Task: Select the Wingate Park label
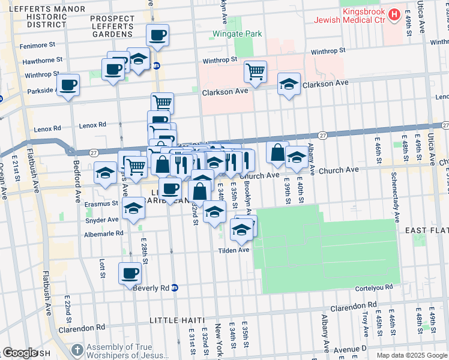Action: pos(238,34)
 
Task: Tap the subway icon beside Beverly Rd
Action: pos(175,287)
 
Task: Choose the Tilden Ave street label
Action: pos(234,250)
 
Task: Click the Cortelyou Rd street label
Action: pos(376,287)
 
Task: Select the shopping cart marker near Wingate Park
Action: pos(256,72)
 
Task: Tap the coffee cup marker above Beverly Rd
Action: pos(130,274)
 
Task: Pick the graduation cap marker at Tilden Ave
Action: pos(241,230)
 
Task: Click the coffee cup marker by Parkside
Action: pos(68,85)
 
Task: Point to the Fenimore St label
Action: pos(38,44)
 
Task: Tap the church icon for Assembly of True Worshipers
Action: pos(77,350)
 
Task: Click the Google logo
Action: pos(19,353)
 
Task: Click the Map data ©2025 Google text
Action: pos(412,355)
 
